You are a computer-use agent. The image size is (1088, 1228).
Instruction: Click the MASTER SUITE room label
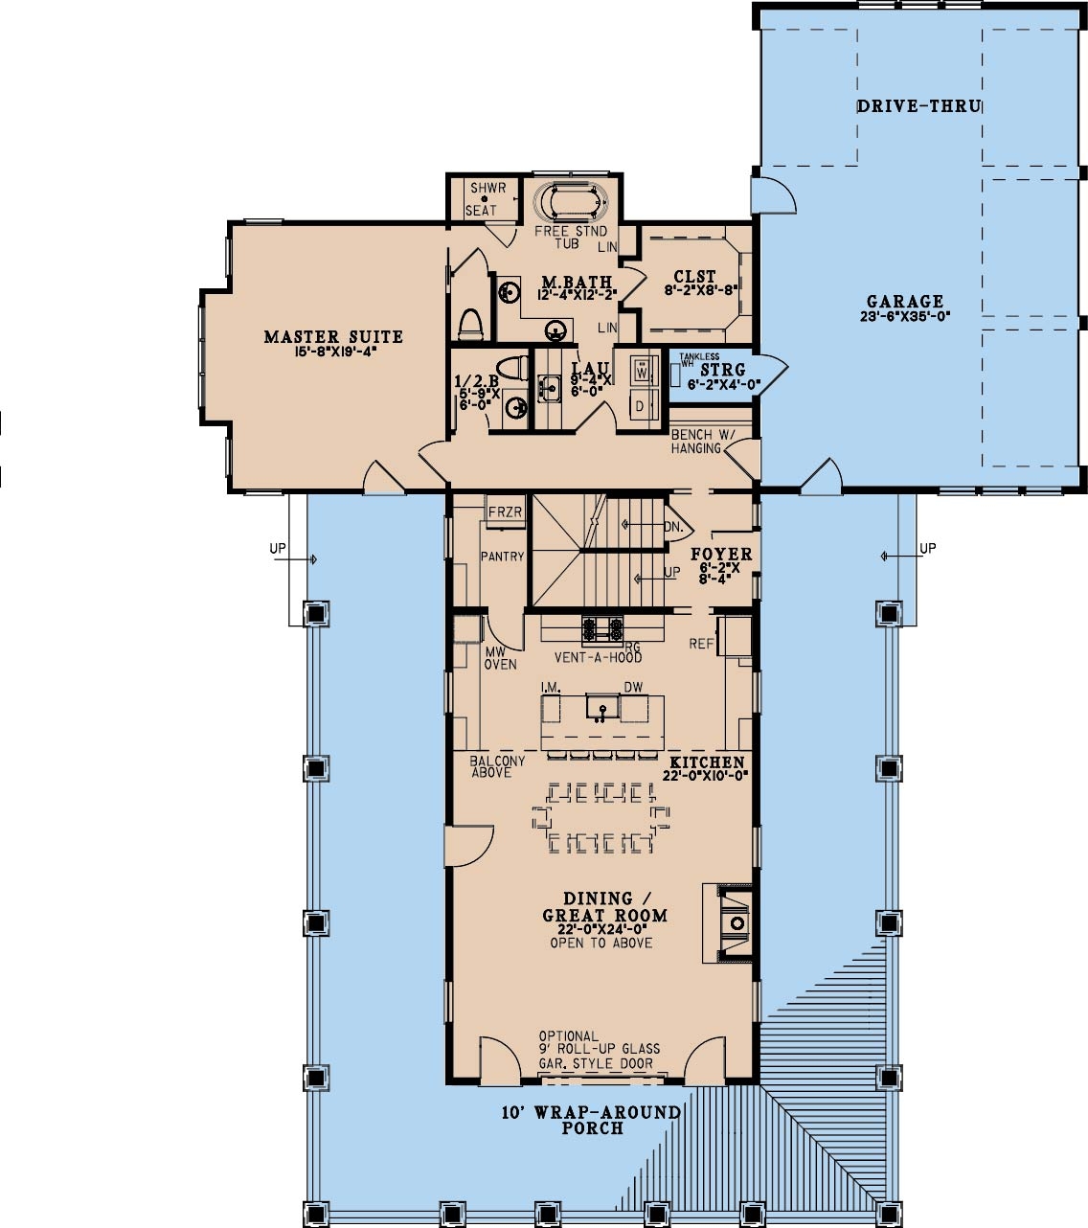pyautogui.click(x=333, y=337)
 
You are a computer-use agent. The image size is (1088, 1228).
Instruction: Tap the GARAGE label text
pyautogui.click(x=905, y=302)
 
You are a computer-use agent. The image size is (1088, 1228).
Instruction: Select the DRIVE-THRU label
pyautogui.click(x=918, y=105)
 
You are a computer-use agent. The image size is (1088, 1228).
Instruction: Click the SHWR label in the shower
pyautogui.click(x=483, y=188)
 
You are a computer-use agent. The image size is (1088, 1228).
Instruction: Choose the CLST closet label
pyautogui.click(x=694, y=277)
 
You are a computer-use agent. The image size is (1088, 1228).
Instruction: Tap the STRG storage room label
pyautogui.click(x=723, y=370)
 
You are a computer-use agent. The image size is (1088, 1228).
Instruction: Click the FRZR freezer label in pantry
pyautogui.click(x=505, y=512)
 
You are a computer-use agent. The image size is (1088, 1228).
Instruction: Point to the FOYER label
pyautogui.click(x=721, y=555)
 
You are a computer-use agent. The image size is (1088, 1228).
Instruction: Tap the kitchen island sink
pyautogui.click(x=602, y=710)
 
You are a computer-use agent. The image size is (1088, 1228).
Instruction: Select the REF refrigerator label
pyautogui.click(x=701, y=644)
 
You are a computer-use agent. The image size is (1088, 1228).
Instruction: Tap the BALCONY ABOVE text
pyautogui.click(x=497, y=767)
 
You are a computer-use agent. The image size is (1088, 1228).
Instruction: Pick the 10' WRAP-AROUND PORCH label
pyautogui.click(x=591, y=1120)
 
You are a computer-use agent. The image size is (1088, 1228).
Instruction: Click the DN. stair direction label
pyautogui.click(x=673, y=526)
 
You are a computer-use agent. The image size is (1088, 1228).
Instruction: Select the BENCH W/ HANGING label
pyautogui.click(x=702, y=441)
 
